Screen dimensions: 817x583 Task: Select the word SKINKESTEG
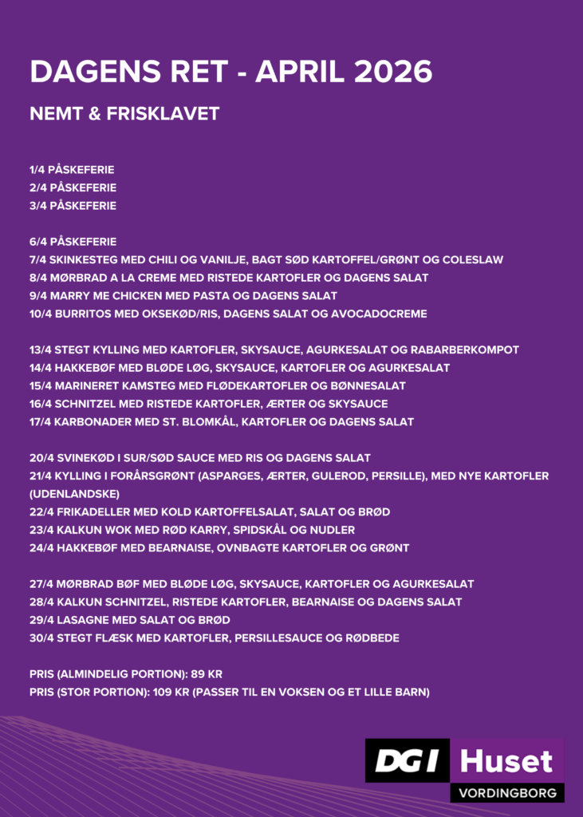click(83, 260)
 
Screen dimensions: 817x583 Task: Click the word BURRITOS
click(84, 314)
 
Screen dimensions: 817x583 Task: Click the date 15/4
click(40, 386)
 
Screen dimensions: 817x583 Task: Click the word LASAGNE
click(82, 620)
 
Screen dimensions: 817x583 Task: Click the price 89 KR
click(207, 674)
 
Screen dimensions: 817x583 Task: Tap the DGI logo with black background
click(407, 760)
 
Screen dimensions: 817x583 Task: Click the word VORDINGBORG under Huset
click(506, 793)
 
